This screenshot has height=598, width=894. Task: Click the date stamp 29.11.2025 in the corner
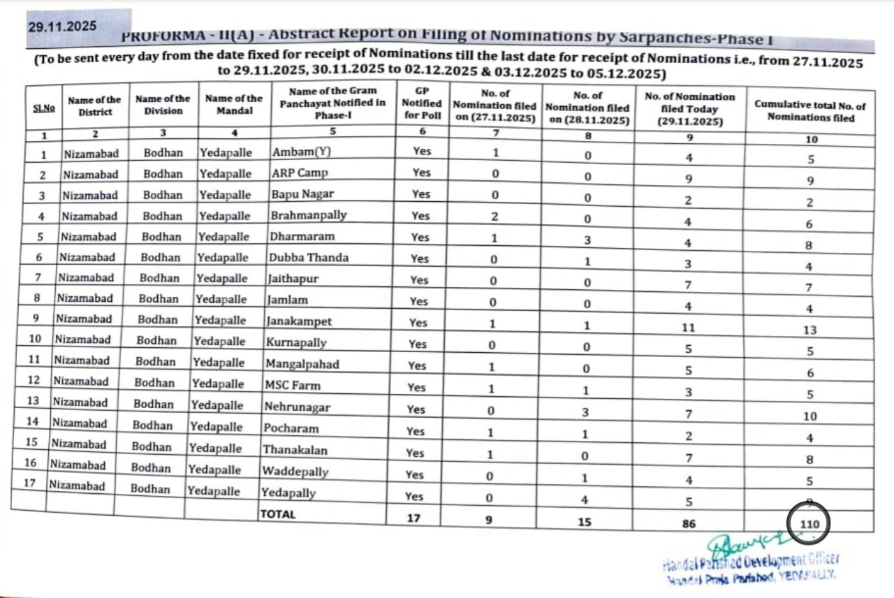(x=62, y=27)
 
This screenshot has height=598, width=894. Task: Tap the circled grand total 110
(x=810, y=523)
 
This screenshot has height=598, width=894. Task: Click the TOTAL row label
(x=278, y=514)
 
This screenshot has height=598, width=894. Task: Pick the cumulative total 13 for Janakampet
(x=809, y=330)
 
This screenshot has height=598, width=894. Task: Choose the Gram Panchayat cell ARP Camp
(x=300, y=173)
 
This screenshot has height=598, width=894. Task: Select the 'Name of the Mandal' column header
(x=234, y=104)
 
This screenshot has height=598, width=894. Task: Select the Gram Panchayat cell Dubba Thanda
(x=309, y=257)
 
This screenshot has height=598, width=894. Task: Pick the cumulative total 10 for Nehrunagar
(x=809, y=416)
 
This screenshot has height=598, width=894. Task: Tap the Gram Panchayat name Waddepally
(x=295, y=472)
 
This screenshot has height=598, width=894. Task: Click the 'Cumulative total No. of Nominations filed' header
(x=809, y=111)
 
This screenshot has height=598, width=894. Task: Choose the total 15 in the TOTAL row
(x=587, y=520)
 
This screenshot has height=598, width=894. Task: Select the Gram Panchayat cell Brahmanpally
(x=308, y=215)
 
